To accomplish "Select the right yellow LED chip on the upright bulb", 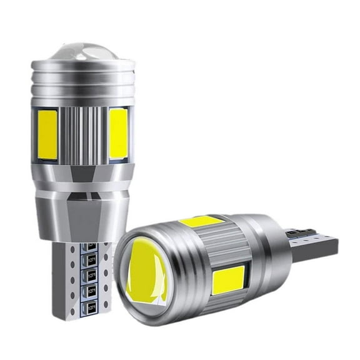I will click(x=118, y=133).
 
